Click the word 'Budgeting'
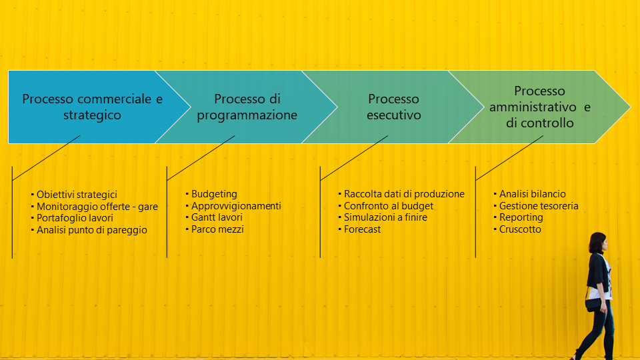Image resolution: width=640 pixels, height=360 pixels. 214,194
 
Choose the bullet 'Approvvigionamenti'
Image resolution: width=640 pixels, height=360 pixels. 236,206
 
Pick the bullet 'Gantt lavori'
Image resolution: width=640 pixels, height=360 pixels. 217,217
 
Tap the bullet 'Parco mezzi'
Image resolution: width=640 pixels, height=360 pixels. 217,229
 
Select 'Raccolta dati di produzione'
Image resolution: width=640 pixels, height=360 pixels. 404,194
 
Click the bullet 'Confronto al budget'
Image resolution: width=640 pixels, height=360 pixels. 389,206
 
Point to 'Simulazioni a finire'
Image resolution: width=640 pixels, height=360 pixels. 385,217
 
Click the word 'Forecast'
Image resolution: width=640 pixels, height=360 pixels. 362,229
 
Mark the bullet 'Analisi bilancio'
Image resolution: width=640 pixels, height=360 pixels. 532,194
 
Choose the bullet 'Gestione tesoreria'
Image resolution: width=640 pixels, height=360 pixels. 539,206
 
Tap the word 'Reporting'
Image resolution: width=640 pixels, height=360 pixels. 521,217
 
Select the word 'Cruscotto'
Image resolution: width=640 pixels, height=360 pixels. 520,229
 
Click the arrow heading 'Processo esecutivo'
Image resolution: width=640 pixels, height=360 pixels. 393,107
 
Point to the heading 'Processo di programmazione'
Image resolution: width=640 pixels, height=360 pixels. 247,107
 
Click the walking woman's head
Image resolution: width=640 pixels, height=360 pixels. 599,243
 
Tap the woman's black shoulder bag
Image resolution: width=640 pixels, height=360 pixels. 593,305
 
